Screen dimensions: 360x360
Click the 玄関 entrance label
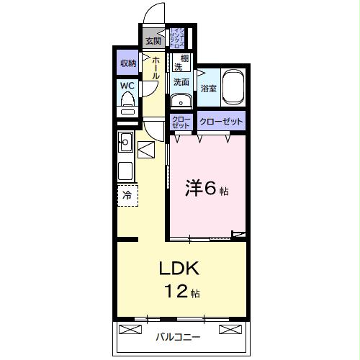click(153, 40)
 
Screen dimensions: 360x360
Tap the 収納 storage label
click(128, 64)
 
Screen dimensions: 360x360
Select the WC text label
click(127, 86)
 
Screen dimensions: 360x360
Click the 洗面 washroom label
click(181, 82)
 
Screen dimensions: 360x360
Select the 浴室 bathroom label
click(209, 89)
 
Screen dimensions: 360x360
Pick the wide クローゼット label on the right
click(220, 121)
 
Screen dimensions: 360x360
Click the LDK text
click(183, 268)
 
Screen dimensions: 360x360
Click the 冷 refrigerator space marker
click(127, 194)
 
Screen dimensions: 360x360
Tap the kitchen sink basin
click(125, 140)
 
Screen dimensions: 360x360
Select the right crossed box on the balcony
click(229, 330)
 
